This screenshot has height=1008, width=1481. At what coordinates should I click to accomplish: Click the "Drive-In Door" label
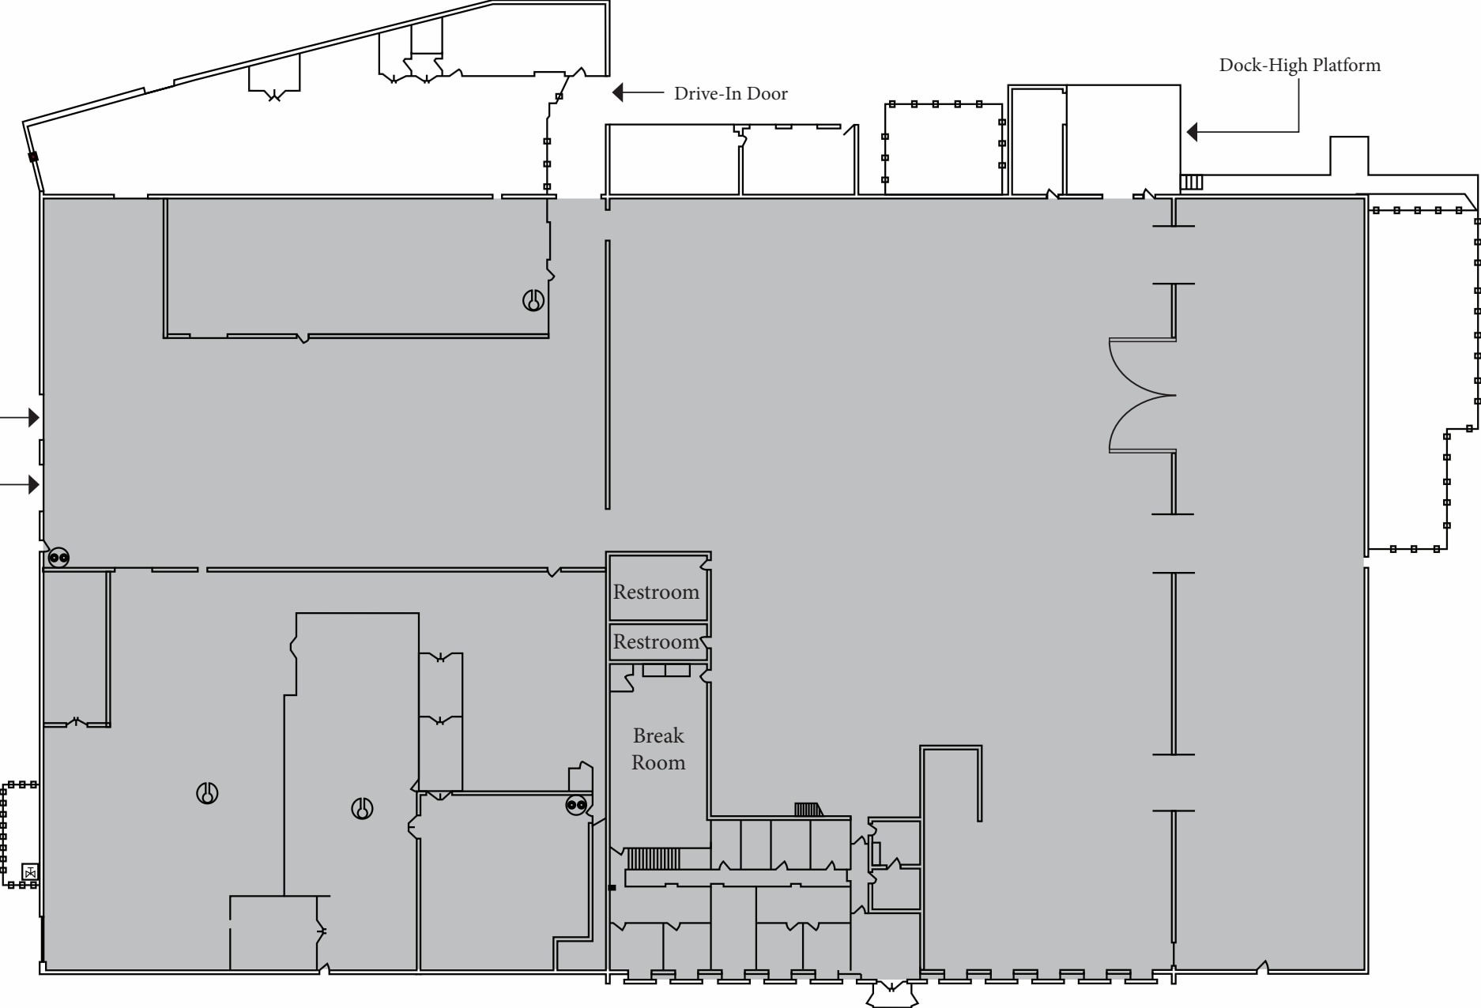[730, 93]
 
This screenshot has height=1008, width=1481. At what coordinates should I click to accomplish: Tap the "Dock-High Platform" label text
[1299, 65]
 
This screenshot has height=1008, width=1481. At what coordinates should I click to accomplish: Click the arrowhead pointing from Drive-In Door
[618, 93]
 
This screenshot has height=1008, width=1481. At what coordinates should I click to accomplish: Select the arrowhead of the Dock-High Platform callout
[1193, 132]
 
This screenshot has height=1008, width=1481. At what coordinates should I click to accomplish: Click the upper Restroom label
[656, 592]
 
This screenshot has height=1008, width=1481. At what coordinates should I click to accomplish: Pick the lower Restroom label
[656, 641]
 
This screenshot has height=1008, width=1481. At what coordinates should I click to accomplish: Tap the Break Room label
[658, 749]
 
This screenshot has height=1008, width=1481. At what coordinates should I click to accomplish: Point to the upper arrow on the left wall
[33, 417]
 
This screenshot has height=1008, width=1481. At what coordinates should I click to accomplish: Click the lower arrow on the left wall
[33, 484]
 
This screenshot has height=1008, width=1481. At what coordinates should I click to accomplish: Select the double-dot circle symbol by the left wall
[58, 558]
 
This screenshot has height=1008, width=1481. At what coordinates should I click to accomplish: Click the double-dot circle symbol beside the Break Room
[576, 806]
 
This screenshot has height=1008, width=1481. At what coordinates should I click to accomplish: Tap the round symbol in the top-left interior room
[533, 300]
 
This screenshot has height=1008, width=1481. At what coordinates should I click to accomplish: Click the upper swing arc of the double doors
[1138, 367]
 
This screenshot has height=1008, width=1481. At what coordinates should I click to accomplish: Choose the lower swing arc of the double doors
[1138, 423]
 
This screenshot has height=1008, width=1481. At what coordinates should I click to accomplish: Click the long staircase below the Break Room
[653, 859]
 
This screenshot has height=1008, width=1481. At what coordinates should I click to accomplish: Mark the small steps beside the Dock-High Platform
[1192, 182]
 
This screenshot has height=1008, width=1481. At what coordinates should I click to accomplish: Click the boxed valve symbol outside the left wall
[30, 872]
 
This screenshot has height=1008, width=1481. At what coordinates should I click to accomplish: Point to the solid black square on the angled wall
[33, 157]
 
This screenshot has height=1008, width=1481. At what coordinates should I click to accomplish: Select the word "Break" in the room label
[658, 735]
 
